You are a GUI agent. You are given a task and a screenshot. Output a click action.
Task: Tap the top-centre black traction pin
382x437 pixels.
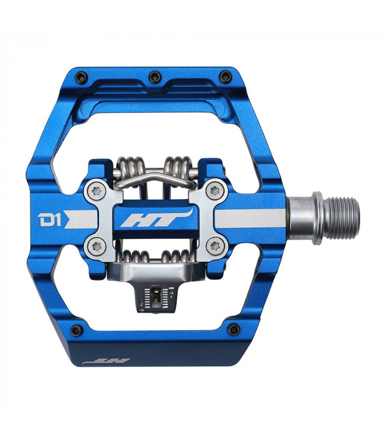click(x=153, y=75)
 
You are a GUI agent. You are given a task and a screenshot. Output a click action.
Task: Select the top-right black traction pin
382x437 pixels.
click(x=223, y=75)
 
